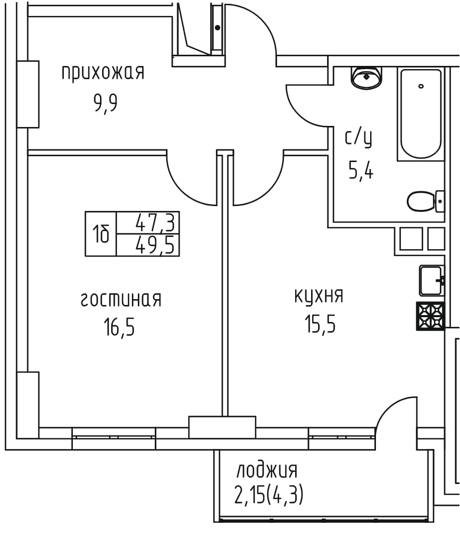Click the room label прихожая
click(103, 73)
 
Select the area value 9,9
click(106, 103)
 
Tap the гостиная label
click(121, 300)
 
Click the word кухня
click(319, 296)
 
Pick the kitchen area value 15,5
click(320, 324)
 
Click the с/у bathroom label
click(358, 138)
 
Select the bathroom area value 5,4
click(361, 170)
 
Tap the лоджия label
click(267, 471)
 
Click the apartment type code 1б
click(101, 234)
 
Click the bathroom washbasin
click(366, 78)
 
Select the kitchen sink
click(432, 281)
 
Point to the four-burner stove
click(430, 316)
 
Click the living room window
click(114, 438)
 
